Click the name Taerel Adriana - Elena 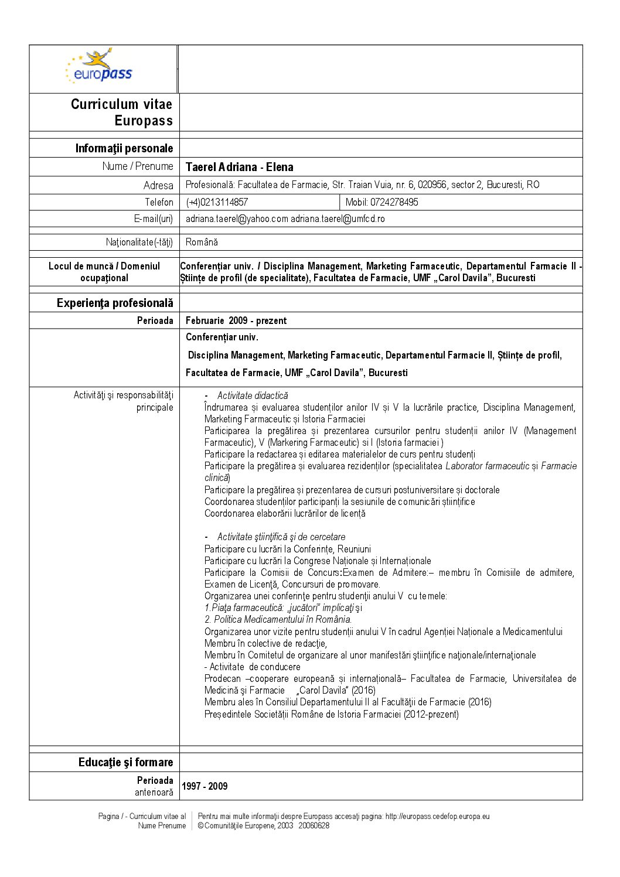point(239,167)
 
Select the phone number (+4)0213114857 point(217,202)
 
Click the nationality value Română point(202,242)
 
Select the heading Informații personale point(124,148)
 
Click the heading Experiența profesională point(115,303)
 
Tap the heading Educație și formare point(125,762)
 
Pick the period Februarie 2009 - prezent point(236,320)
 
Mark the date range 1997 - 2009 point(205,786)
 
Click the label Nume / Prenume point(138,166)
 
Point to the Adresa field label point(158,185)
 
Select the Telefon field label point(159,202)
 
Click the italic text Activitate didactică point(253,395)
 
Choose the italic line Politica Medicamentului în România point(278,619)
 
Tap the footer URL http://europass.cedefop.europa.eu point(437,816)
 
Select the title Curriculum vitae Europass point(122,112)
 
